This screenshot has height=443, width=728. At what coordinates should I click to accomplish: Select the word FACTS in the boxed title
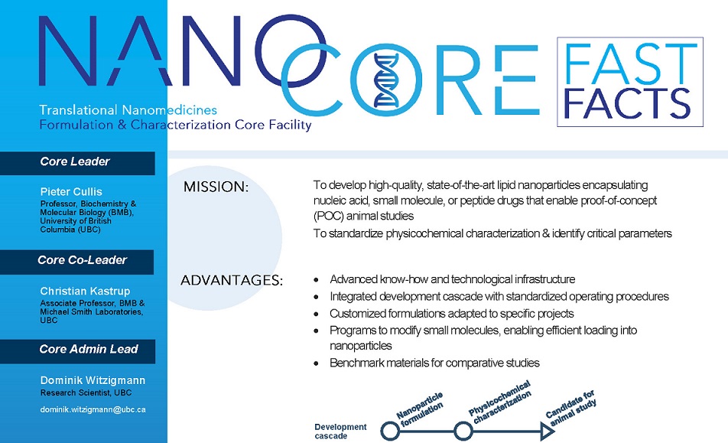click(627, 103)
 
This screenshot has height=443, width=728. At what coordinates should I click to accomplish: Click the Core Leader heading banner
click(77, 163)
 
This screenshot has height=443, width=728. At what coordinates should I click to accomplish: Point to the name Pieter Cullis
click(71, 191)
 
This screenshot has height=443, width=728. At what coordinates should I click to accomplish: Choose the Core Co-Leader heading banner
click(76, 262)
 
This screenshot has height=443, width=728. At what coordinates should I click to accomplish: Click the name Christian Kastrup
click(85, 292)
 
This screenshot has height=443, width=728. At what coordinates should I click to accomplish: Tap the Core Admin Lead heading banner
click(77, 351)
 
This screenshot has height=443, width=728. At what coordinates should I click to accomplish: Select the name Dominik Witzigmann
click(93, 380)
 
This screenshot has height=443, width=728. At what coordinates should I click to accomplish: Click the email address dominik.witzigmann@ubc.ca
click(93, 409)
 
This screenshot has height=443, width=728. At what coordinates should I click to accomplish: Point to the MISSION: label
click(216, 187)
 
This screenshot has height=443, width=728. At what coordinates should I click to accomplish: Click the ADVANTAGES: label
click(232, 281)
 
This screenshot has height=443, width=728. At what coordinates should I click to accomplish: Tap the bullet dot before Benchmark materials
click(316, 363)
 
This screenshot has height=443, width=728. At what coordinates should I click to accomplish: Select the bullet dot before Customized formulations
click(316, 314)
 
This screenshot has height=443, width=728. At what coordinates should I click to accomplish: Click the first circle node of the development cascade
click(391, 431)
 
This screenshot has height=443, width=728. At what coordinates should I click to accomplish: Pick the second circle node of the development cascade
click(463, 431)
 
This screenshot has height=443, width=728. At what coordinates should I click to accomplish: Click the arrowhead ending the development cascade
click(548, 432)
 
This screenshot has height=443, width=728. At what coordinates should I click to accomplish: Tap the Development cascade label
click(340, 432)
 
